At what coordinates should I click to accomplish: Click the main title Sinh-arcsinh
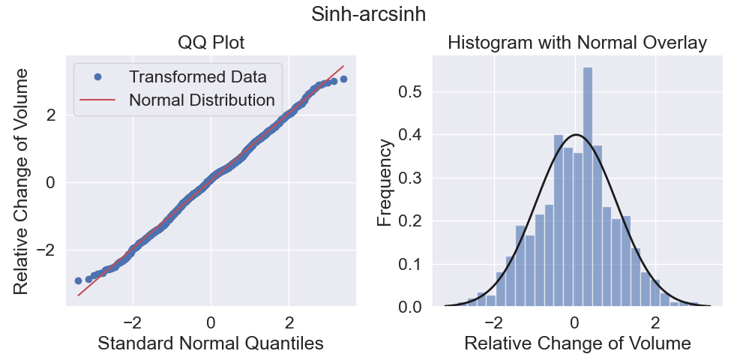[369, 14]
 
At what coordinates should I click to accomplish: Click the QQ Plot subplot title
[211, 43]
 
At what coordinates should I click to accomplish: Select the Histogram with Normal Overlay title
[577, 43]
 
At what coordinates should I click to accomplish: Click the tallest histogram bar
[588, 187]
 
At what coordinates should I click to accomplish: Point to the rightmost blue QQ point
[343, 79]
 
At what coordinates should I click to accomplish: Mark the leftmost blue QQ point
[78, 280]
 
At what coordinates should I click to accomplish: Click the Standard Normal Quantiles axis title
[211, 343]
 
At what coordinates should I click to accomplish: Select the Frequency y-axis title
[385, 183]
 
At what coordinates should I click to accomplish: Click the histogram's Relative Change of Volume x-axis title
[577, 343]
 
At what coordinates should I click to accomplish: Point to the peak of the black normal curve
[576, 135]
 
